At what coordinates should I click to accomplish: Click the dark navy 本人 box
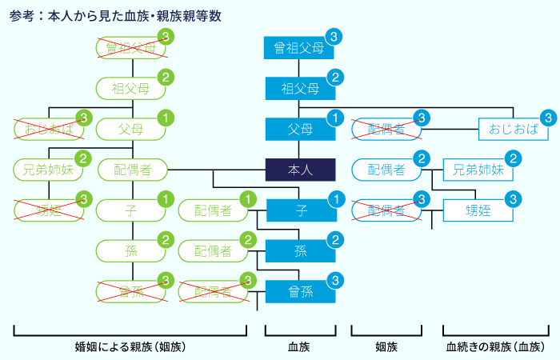point(299,170)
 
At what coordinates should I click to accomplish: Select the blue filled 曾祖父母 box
point(299,48)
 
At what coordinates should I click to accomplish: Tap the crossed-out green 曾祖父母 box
point(130,48)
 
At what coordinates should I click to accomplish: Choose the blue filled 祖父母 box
point(299,88)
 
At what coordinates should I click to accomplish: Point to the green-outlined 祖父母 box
point(130,88)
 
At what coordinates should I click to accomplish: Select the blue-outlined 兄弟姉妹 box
point(478,170)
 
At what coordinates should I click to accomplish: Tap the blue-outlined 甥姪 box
point(478,210)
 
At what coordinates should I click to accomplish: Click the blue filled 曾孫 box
point(299,292)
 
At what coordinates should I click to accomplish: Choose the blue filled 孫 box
point(299,251)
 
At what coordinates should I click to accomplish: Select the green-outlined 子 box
point(130,210)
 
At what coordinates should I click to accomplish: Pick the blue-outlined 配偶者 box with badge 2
point(386,170)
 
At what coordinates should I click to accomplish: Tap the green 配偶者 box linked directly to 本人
point(130,170)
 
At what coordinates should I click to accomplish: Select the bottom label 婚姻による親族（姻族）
point(130,347)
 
